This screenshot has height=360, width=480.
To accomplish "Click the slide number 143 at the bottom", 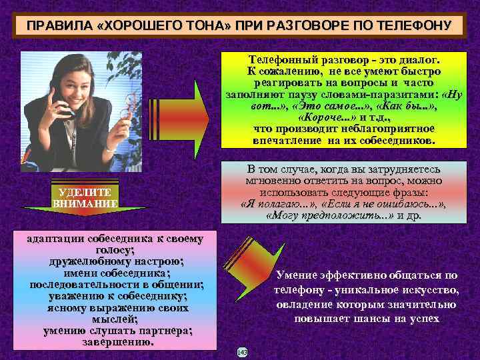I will point(241,351).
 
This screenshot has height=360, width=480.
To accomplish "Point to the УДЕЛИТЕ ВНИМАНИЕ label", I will point(84,198).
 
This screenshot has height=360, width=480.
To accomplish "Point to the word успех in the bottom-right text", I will point(423,318).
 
